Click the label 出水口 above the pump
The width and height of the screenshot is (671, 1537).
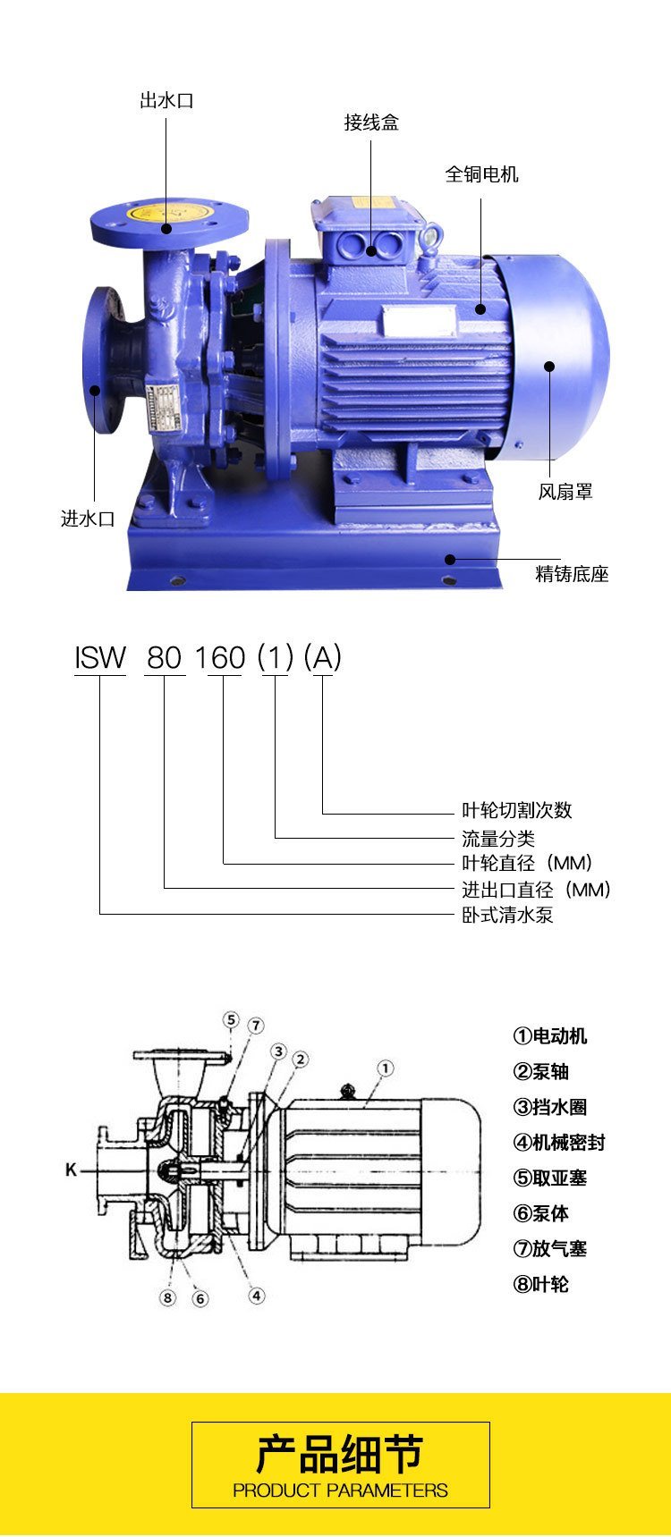coord(166,100)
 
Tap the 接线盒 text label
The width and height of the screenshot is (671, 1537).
coord(371,122)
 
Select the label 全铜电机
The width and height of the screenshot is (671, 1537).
coord(482,174)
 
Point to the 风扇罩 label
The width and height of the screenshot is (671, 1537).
coord(565,492)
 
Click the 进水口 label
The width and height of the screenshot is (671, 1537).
coord(88,519)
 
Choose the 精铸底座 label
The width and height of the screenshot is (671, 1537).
coord(572,574)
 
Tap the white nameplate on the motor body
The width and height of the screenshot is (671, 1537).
coord(420,317)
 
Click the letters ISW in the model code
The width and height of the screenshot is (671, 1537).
coord(100,658)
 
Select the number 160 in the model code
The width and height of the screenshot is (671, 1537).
coord(220,658)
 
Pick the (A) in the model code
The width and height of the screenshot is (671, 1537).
coord(323,658)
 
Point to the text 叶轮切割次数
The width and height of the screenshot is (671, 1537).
coord(516,810)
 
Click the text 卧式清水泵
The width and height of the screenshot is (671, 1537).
coord(507,915)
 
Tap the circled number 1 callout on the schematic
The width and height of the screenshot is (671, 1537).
coord(386,1068)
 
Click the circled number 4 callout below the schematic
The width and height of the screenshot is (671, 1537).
coord(256,1295)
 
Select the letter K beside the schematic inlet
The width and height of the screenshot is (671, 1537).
coord(71,1170)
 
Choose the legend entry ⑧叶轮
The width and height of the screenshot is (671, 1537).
coord(540,1285)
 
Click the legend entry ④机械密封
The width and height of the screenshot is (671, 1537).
coord(559,1143)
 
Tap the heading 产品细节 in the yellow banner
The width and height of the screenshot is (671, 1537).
coord(340,1455)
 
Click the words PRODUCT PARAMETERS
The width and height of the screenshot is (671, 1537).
coord(340,1491)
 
